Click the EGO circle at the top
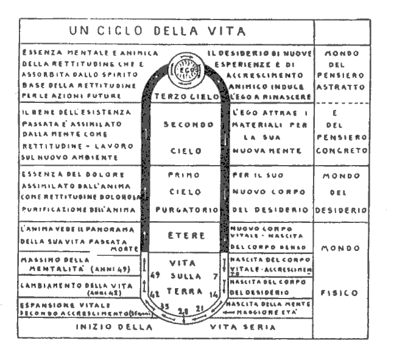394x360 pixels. [x=185, y=71]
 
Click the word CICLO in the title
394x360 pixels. [x=122, y=30]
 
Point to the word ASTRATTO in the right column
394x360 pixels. [x=341, y=88]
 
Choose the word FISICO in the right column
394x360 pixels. [x=341, y=293]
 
